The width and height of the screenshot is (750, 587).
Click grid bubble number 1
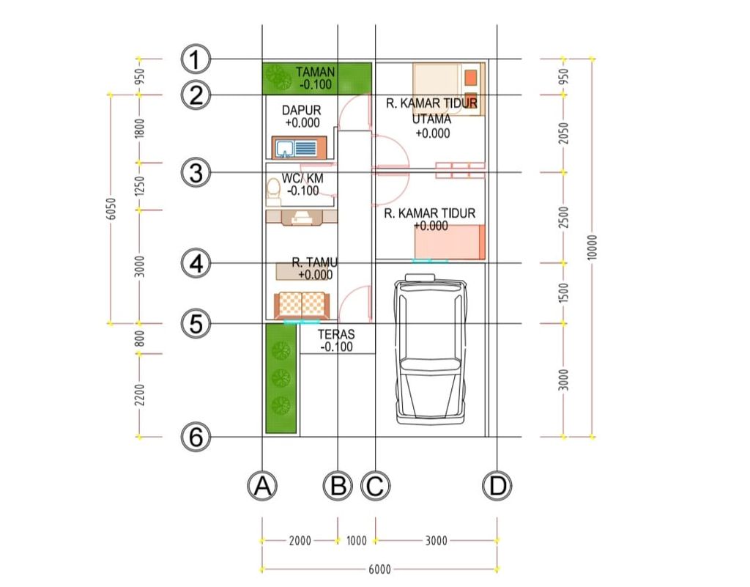coord(195,59)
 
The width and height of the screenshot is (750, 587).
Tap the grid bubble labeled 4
coord(196,263)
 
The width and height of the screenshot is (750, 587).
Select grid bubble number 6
coord(196,437)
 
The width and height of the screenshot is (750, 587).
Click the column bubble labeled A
coord(262,486)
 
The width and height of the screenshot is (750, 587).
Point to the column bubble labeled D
coord(497,486)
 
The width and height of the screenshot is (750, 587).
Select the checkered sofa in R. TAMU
coord(302,305)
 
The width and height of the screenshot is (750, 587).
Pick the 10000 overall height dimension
coord(592,248)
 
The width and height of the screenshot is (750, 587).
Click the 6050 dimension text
coord(111,209)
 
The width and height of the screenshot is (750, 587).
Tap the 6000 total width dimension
coord(380,569)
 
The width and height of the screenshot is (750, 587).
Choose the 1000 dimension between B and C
coord(357,541)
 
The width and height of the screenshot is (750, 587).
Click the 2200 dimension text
coord(139,395)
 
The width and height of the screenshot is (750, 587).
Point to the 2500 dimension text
coord(564,217)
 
